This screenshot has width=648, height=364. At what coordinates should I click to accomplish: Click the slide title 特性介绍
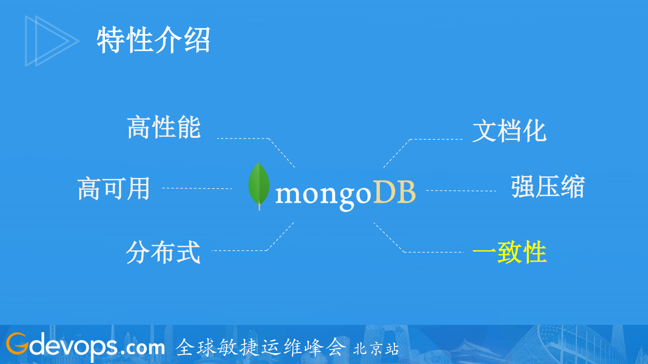click(x=154, y=40)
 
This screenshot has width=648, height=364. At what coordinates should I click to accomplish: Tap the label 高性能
click(x=164, y=127)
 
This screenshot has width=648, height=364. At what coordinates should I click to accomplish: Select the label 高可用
click(x=114, y=189)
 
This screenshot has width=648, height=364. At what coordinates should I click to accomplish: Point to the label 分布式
click(x=163, y=252)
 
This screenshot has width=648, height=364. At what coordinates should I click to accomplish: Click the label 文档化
click(x=509, y=131)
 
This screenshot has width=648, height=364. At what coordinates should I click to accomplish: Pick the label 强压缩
click(x=548, y=187)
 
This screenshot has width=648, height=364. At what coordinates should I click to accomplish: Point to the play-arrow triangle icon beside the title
click(x=51, y=41)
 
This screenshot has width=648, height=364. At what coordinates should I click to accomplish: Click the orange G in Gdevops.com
click(x=17, y=344)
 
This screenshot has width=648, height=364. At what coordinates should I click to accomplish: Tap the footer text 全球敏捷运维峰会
click(x=260, y=347)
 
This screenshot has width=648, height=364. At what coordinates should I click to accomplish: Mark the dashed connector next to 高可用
click(x=197, y=188)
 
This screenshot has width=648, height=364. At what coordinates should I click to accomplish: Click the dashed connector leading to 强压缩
click(x=461, y=191)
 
